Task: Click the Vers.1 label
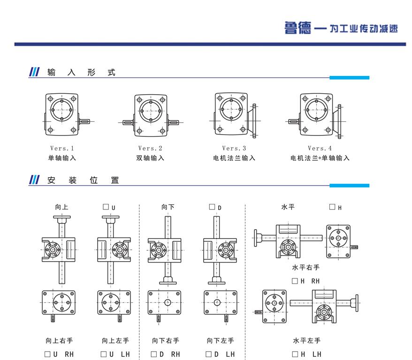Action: pyautogui.click(x=62, y=149)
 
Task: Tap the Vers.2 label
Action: pyautogui.click(x=150, y=149)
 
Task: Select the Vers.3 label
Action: pyautogui.click(x=234, y=149)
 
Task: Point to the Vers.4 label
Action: pyautogui.click(x=320, y=149)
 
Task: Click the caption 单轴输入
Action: pyautogui.click(x=62, y=158)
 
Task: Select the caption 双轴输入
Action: pyautogui.click(x=150, y=158)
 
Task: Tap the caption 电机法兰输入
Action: pyautogui.click(x=234, y=158)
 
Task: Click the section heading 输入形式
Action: pyautogui.click(x=81, y=73)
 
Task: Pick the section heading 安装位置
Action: pyautogui.click(x=83, y=180)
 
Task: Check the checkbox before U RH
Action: pyautogui.click(x=47, y=354)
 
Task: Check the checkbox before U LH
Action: pyautogui.click(x=103, y=354)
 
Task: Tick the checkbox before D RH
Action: pyautogui.click(x=153, y=354)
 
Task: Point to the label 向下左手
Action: pyautogui.click(x=220, y=341)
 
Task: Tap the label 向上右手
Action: pyautogui.click(x=59, y=341)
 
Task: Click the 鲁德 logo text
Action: pyautogui.click(x=298, y=28)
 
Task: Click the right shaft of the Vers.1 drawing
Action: pyautogui.click(x=85, y=122)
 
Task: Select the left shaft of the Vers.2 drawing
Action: pyautogui.click(x=128, y=123)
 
